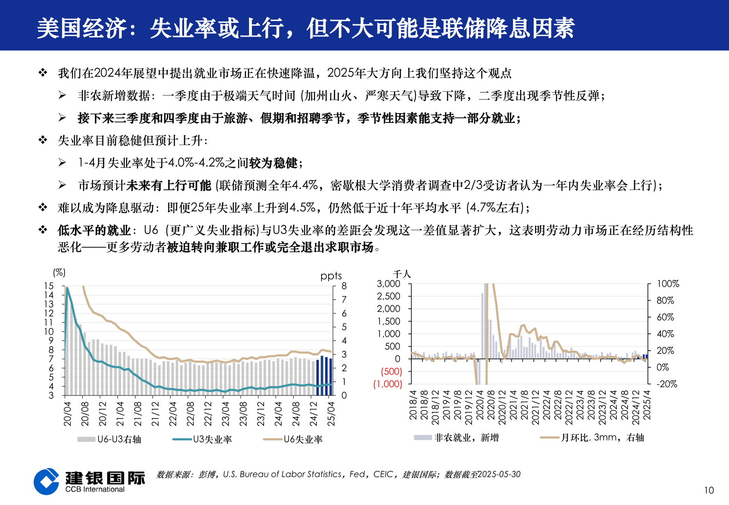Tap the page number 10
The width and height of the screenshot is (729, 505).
709,490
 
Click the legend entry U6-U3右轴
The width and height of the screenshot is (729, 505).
109,439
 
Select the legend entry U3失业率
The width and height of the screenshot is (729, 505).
202,439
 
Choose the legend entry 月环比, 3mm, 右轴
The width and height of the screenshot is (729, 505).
592,438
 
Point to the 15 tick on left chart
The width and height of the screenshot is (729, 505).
49,286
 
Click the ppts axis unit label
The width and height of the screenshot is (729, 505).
331,275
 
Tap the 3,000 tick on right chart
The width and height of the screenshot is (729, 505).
388,284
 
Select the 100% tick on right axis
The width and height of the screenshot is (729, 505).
668,284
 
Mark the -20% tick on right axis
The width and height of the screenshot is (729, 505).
666,384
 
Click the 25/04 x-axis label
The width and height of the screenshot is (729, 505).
331,413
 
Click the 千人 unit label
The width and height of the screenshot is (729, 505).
401,274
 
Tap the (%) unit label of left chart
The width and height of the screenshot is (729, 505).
59,272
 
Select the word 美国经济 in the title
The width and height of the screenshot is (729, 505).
82,28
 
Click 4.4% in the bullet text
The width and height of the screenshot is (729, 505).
305,185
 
